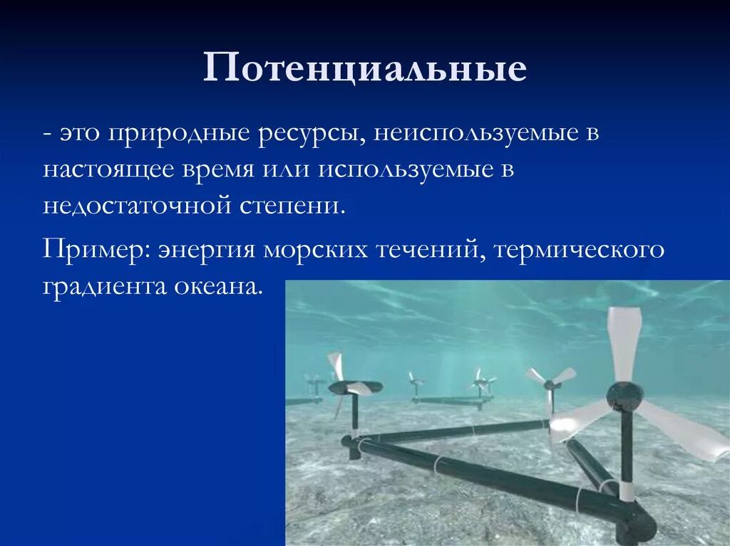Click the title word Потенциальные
coord(364,69)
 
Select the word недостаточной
coord(138,206)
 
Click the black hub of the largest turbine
coord(624,396)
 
